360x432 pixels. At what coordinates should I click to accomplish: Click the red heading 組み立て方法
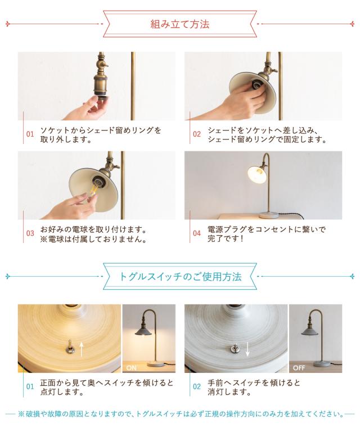coord(180,24)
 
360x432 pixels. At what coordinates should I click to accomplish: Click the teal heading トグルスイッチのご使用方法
coord(180,276)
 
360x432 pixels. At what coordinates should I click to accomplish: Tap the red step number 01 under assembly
coord(30,134)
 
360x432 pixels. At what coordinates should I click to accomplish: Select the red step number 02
coord(197,134)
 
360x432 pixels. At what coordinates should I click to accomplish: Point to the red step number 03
coord(30,233)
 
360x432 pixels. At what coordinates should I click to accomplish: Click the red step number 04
coord(197,233)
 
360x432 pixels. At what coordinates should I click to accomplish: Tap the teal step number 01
coord(30,386)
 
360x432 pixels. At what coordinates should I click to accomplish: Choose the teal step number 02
coord(197,386)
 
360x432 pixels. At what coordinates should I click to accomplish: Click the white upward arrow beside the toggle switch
coord(82,349)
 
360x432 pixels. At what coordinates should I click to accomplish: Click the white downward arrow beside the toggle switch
coord(247,349)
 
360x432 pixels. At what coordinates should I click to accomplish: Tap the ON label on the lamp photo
coord(132,368)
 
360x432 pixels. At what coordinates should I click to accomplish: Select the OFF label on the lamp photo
coord(299,368)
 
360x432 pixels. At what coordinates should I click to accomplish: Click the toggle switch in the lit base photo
coord(69,348)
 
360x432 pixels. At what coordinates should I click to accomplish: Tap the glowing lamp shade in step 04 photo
coord(257,172)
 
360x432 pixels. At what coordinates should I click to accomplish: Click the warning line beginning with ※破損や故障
coord(181,414)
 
